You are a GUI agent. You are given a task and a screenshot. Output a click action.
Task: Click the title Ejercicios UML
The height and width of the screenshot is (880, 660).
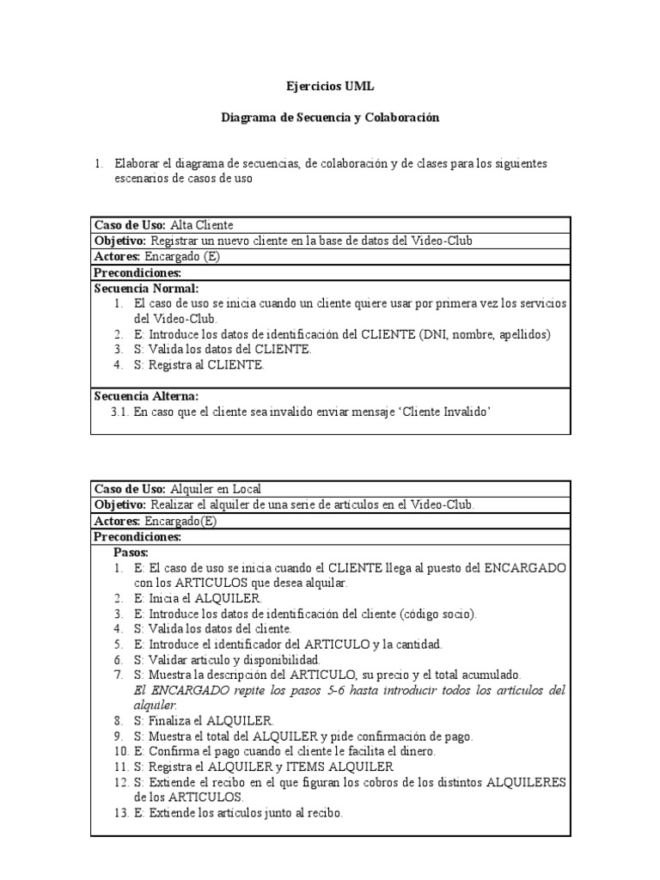click(x=330, y=87)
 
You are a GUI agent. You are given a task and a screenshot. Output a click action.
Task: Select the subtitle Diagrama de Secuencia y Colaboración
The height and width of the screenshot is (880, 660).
click(x=330, y=118)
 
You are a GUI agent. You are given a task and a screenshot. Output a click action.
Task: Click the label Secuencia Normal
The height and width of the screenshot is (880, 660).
click(x=146, y=289)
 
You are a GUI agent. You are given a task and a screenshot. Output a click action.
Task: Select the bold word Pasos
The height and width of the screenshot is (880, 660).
click(x=131, y=553)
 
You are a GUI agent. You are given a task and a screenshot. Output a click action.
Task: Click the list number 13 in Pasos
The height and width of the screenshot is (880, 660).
click(x=119, y=813)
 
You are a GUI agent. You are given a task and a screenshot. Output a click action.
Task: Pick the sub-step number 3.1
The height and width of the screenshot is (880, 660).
click(x=119, y=412)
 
